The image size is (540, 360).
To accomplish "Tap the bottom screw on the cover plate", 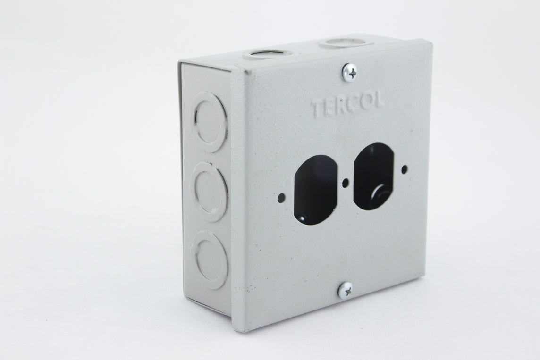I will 346,289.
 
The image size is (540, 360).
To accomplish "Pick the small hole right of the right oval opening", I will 404,168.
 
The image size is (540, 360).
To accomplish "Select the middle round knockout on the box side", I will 210,191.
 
